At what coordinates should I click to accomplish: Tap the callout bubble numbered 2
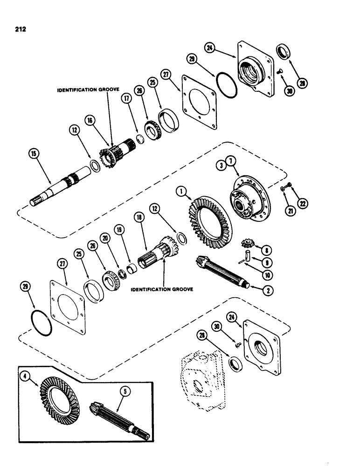(268, 290)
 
